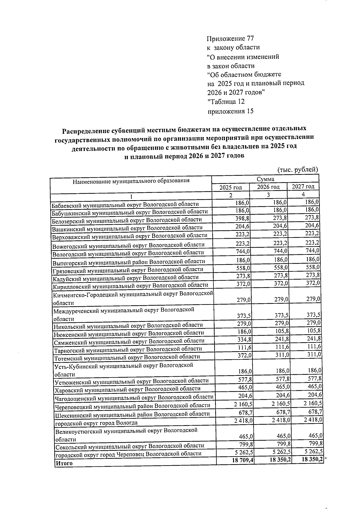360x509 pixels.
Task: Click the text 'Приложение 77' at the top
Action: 230,39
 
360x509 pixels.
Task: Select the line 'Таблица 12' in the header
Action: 226,102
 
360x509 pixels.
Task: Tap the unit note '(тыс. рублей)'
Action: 298,170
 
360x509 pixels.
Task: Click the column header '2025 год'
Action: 230,187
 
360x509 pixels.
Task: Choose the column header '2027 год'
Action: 303,187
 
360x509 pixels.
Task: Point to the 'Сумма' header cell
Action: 265,179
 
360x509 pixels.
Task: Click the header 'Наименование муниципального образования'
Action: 131,181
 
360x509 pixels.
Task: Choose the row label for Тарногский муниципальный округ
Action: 128,349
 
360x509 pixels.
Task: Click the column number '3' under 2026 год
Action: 268,195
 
